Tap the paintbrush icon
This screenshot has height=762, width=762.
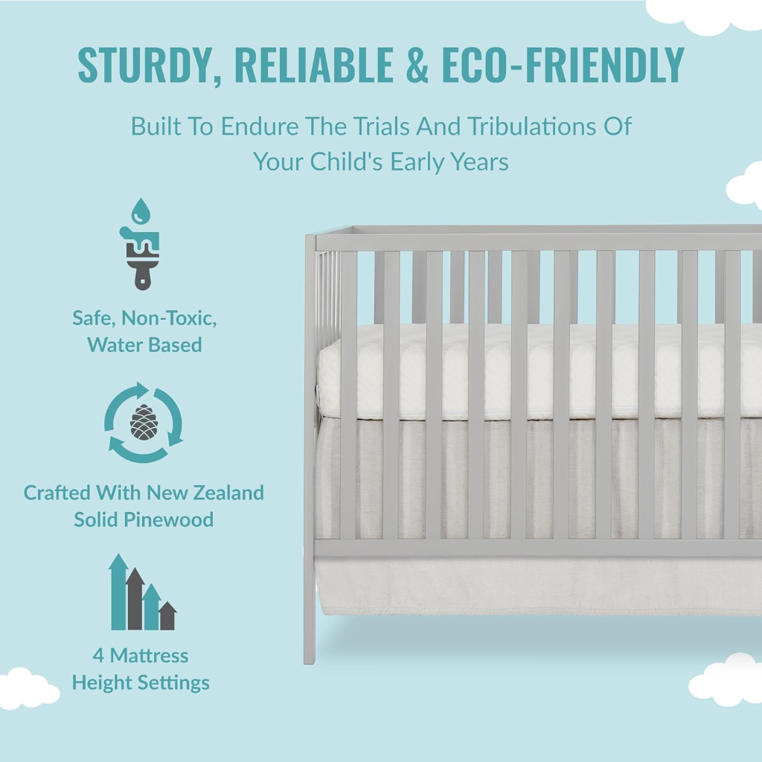tap(140, 257)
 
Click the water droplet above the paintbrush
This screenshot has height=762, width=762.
tap(141, 211)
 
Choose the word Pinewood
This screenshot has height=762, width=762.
tap(168, 519)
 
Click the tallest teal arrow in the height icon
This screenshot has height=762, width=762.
tap(118, 592)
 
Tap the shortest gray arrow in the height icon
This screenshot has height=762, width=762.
tap(167, 615)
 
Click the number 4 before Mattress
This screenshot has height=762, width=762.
tap(98, 656)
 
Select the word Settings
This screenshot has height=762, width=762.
tap(176, 683)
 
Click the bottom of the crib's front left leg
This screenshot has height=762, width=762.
tap(309, 661)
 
